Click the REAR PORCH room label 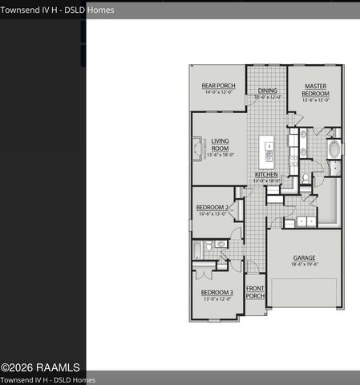coord(217,86)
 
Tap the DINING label coord(267,91)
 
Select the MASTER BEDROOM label coord(314,90)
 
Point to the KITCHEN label coord(266,174)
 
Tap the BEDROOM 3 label coord(216,293)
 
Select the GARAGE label coord(304,257)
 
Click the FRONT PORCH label coord(255,292)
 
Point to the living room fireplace coord(197,149)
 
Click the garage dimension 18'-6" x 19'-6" coord(304,264)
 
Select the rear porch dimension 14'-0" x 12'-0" coord(217,92)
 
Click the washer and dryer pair coord(305,221)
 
